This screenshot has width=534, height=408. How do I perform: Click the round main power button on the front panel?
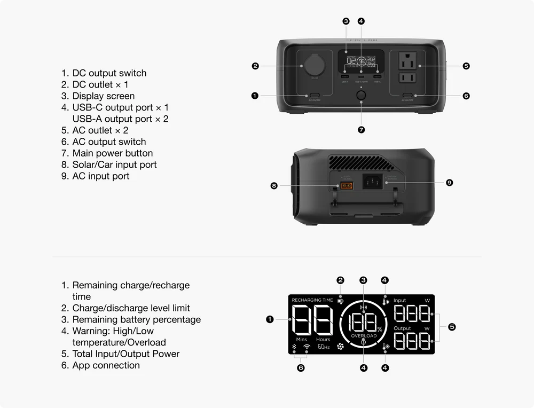pos(362,96)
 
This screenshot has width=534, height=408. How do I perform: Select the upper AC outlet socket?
pos(409,60)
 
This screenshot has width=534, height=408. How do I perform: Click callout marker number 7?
pos(362,130)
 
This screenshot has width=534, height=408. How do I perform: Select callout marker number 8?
pos(274,186)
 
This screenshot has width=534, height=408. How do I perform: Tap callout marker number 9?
pos(450,183)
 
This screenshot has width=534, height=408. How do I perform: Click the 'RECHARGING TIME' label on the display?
pos(312,300)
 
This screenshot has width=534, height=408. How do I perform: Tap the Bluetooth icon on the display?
pos(294,347)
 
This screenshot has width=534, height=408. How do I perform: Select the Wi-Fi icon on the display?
pos(307,347)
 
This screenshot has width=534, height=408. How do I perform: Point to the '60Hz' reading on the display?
pos(324,347)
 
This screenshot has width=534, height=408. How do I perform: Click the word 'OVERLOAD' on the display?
pos(364,336)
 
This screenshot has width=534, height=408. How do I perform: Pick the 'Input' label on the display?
pos(400,301)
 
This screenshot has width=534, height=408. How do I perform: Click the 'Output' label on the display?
pos(402,328)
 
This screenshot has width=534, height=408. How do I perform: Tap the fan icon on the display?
pos(340,347)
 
